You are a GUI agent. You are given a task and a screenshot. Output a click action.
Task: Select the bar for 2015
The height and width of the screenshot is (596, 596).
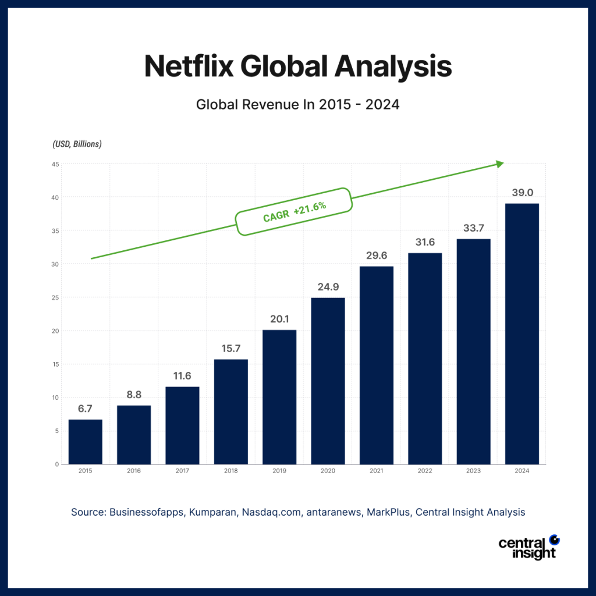tap(86, 442)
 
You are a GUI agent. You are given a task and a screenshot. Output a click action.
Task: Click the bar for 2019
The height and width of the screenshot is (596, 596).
tap(279, 397)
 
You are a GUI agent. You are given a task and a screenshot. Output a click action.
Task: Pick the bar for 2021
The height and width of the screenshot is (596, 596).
tap(377, 365)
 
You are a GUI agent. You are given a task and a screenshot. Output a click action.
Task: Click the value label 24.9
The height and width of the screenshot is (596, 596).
tap(328, 286)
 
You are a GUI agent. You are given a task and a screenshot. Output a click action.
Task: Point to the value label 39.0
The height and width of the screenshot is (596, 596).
tap(522, 192)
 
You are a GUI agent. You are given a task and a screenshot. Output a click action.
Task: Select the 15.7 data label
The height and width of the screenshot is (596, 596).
tap(231, 348)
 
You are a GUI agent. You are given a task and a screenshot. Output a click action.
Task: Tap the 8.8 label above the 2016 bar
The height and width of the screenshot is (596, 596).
tap(134, 394)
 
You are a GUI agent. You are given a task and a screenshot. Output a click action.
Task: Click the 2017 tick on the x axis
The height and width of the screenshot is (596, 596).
tap(182, 470)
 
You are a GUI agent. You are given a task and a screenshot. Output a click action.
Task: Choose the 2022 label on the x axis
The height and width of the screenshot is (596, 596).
tap(425, 470)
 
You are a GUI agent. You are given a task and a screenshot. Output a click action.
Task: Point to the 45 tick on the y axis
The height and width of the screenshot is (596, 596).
tap(55, 164)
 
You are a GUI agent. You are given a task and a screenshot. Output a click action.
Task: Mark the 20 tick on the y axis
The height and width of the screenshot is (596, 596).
tap(55, 331)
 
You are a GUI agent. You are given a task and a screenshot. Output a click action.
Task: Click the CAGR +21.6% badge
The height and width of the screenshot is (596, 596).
tap(294, 212)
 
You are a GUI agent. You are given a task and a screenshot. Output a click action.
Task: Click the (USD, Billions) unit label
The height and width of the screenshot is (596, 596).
tap(77, 144)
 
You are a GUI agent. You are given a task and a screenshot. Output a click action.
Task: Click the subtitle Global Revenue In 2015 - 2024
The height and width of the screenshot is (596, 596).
tap(298, 105)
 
